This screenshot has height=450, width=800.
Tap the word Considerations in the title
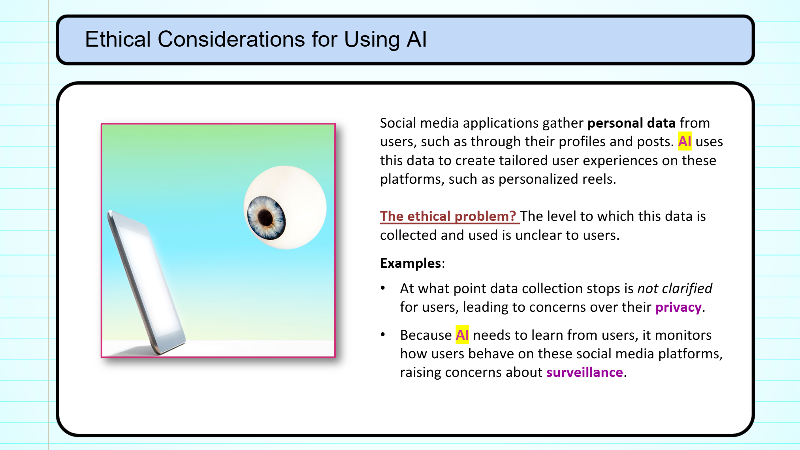232,39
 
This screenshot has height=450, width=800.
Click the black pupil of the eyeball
265,218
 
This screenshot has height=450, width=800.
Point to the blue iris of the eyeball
266,218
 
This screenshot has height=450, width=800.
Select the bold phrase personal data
631,123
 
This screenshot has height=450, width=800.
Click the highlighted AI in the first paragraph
685,141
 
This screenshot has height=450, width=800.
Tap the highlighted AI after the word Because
462,335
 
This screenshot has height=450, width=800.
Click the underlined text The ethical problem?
448,216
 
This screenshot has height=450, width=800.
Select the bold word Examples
410,263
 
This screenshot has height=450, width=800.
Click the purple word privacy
678,307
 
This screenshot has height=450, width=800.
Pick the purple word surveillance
585,372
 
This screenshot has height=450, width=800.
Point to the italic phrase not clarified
675,288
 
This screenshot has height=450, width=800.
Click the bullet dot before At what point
383,288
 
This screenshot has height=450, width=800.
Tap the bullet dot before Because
383,335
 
